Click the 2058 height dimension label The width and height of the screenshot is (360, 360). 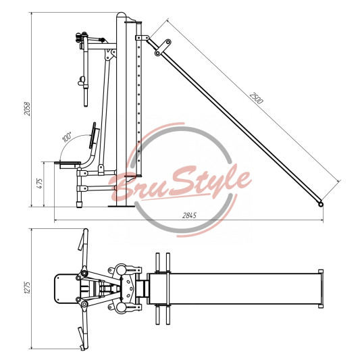point(27,109)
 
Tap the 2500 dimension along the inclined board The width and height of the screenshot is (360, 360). point(256,98)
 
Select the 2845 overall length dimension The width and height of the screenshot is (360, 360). point(189,215)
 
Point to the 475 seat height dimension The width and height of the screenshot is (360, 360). point(39,184)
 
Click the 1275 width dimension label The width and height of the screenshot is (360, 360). point(27,288)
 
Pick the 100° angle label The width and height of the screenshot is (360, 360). point(67,137)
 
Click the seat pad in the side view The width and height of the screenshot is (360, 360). point(68,163)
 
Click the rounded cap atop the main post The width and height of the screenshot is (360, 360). point(121,15)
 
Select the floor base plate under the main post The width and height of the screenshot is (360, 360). point(122,206)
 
